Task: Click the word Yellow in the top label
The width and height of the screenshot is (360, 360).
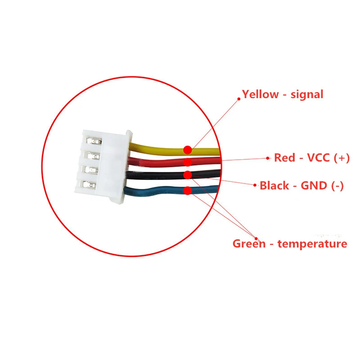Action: click(260, 94)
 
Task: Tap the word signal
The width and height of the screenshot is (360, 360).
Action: click(307, 94)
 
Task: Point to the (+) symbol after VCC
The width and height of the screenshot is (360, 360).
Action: click(342, 158)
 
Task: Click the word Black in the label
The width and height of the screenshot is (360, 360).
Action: click(274, 185)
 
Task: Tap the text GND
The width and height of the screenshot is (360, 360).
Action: click(312, 185)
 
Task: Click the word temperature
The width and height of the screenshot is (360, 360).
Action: click(312, 244)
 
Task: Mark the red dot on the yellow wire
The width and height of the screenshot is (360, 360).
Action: click(188, 149)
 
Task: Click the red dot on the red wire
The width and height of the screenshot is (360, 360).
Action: click(188, 162)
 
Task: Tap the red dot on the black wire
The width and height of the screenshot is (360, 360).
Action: click(188, 175)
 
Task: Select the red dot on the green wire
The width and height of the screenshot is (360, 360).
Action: click(188, 190)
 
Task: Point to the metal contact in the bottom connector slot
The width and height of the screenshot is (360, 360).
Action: click(91, 184)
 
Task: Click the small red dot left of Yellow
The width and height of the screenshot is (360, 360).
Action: click(239, 97)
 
